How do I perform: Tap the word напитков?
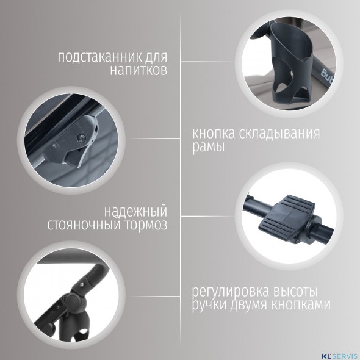pos(139,70)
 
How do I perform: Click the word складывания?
pos(279,134)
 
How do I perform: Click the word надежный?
pos(135,212)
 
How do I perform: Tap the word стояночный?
pos(84,225)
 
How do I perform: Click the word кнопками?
pos(301,305)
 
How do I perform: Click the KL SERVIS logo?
pos(340,356)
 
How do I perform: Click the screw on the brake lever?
pos(82,137)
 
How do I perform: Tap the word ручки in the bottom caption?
pos(209,306)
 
